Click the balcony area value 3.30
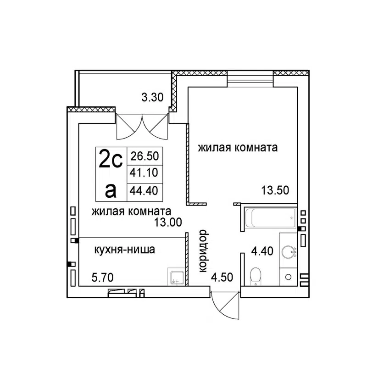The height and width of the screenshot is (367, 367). [x=151, y=97]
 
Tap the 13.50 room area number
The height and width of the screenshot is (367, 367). [x=275, y=189]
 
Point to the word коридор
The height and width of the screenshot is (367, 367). [x=204, y=251]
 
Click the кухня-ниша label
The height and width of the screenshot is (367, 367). [x=123, y=250]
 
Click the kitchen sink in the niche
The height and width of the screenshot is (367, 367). [x=177, y=277]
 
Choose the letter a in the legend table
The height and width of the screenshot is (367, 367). [x=111, y=189]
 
